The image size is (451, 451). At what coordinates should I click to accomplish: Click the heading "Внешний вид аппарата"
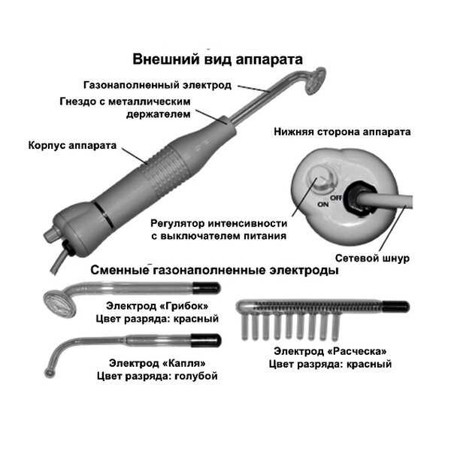click(217, 59)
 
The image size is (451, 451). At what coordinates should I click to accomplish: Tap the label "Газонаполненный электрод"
click(157, 85)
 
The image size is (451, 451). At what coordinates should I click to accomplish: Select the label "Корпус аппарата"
click(72, 145)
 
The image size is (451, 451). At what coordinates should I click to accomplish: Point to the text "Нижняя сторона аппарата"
click(342, 132)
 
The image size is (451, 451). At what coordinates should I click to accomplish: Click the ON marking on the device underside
click(323, 204)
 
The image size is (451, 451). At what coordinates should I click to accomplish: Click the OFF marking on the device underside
click(336, 198)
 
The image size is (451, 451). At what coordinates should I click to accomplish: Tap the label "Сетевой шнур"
click(372, 259)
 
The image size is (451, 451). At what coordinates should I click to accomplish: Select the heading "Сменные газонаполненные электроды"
click(214, 271)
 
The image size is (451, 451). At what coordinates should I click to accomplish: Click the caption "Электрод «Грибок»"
click(157, 306)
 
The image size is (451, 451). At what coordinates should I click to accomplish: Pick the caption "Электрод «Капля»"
click(157, 363)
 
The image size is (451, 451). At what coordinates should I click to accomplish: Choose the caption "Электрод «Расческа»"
click(330, 351)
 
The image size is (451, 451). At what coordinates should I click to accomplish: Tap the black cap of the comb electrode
click(396, 307)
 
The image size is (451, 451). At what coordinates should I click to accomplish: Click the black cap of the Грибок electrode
click(206, 288)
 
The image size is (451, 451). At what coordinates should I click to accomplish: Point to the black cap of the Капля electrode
click(206, 341)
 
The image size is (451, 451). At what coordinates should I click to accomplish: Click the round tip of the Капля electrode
click(50, 373)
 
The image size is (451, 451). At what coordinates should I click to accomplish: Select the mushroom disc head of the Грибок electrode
click(60, 304)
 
